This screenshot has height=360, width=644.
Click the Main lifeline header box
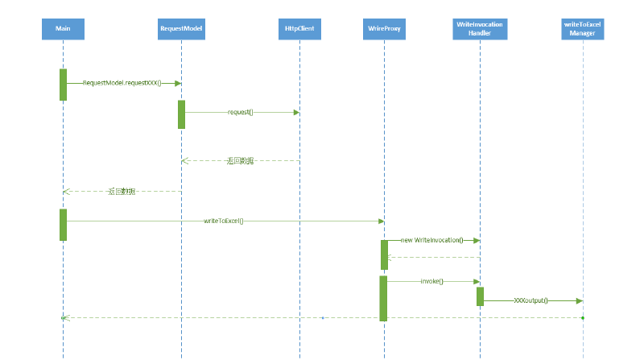pyautogui.click(x=62, y=29)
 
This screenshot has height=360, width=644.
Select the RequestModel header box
pyautogui.click(x=181, y=29)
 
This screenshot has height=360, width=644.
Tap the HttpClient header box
pyautogui.click(x=299, y=29)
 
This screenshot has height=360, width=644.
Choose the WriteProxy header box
pyautogui.click(x=384, y=29)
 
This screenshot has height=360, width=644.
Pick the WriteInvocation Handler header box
pyautogui.click(x=480, y=29)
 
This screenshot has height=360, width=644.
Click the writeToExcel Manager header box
pyautogui.click(x=582, y=29)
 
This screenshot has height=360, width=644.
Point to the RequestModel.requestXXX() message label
pyautogui.click(x=122, y=83)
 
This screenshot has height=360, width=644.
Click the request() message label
pyautogui.click(x=240, y=112)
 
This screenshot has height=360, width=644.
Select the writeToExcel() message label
pyautogui.click(x=224, y=220)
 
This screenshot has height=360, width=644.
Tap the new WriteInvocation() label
pyautogui.click(x=431, y=240)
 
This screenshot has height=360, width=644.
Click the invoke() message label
pyautogui.click(x=431, y=281)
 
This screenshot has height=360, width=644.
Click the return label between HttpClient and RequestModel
pyautogui.click(x=240, y=161)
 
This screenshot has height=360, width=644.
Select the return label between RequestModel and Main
pyautogui.click(x=121, y=192)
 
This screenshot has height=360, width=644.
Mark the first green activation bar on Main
pyautogui.click(x=63, y=85)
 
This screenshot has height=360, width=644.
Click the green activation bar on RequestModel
pyautogui.click(x=181, y=114)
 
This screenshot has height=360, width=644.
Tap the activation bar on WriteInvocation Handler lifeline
pyautogui.click(x=480, y=296)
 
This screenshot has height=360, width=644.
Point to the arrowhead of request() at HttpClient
pyautogui.click(x=296, y=112)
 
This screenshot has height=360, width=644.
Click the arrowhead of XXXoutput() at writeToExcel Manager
pyautogui.click(x=579, y=300)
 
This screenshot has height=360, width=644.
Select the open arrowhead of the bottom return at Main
pyautogui.click(x=66, y=317)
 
